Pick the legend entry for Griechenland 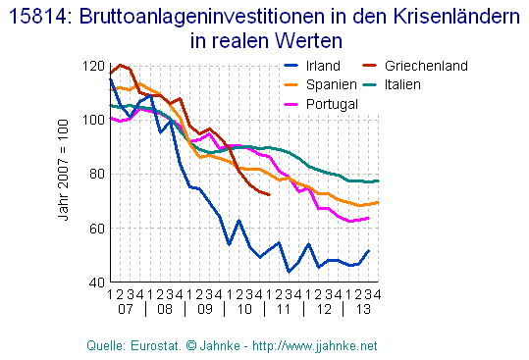[x=425, y=66]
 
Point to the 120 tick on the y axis [x=93, y=66]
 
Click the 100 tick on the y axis [x=93, y=120]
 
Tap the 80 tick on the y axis [x=96, y=174]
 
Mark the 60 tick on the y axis [x=96, y=228]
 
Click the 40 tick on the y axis [x=96, y=282]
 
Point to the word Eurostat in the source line [x=142, y=346]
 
